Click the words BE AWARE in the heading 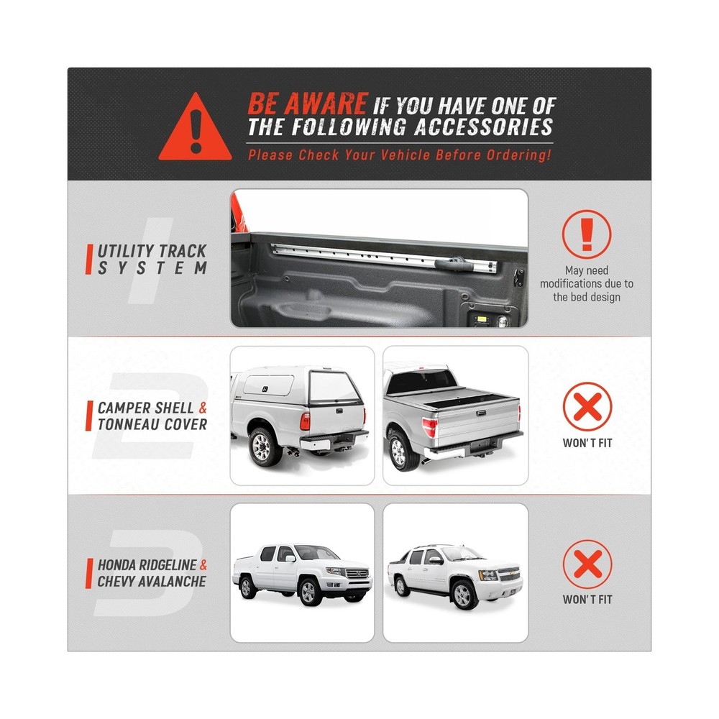[308, 103]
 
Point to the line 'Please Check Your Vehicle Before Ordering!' [399, 155]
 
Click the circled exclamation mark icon [587, 234]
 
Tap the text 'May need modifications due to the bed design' [587, 283]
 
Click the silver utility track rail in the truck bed [384, 257]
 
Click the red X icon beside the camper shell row [587, 406]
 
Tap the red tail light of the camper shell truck [305, 421]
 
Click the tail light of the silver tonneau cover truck [430, 427]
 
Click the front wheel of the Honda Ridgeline [308, 592]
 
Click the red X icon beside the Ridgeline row [587, 564]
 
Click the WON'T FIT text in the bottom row [587, 600]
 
